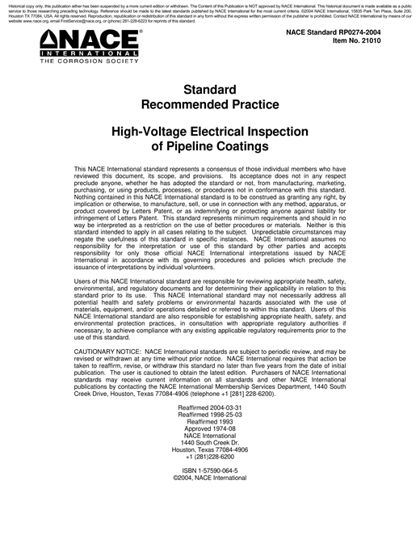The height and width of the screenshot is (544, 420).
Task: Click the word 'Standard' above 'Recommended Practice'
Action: click(210, 90)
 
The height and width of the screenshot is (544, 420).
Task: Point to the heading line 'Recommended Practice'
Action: click(210, 104)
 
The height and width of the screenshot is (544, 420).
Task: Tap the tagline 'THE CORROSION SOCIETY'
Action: click(78, 61)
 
